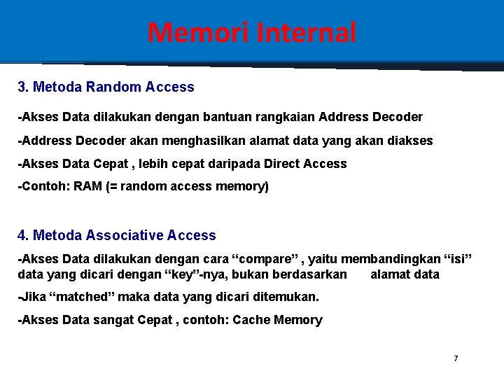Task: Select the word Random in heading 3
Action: point(114,87)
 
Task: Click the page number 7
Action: point(456,358)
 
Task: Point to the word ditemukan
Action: point(288,297)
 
